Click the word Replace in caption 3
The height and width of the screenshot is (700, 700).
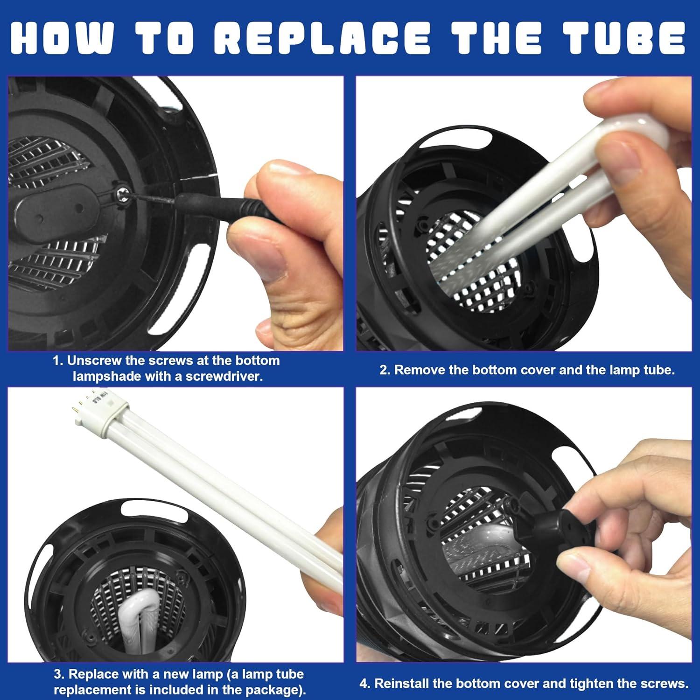tap(94, 674)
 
